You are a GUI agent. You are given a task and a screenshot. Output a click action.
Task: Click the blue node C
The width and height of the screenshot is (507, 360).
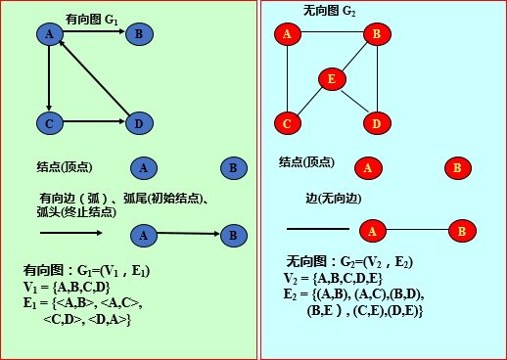point(48,123)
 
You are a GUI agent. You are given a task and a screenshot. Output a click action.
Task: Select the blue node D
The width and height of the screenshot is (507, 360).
point(138,123)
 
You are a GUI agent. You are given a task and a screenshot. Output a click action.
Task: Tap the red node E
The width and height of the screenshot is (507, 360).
point(332,79)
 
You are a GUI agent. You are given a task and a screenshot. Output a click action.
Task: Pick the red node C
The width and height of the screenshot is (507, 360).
point(287,124)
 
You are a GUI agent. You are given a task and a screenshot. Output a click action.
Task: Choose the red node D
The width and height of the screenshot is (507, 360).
point(376,123)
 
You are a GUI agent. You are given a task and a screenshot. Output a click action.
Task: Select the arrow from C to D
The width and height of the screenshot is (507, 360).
point(93,123)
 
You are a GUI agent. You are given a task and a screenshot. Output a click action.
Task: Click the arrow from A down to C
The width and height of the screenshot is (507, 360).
point(48,78)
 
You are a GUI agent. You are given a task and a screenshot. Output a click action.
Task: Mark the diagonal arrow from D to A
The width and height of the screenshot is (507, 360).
point(96,79)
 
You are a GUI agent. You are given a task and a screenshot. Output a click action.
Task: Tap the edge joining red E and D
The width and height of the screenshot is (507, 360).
point(354,102)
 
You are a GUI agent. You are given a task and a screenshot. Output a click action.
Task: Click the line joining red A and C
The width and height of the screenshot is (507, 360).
point(287,78)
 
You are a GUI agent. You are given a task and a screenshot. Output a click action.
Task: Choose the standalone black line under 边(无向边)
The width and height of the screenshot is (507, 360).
point(317,229)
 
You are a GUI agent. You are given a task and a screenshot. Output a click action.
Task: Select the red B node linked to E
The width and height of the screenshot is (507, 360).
point(376,34)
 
